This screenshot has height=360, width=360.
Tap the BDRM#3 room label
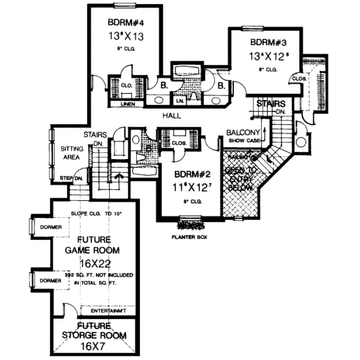coord(263,43)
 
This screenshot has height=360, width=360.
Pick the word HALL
coord(173,113)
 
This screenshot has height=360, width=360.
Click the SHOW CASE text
coord(243,141)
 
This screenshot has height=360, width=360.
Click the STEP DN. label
coord(71,178)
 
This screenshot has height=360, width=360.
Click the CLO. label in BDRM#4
coord(126,86)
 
